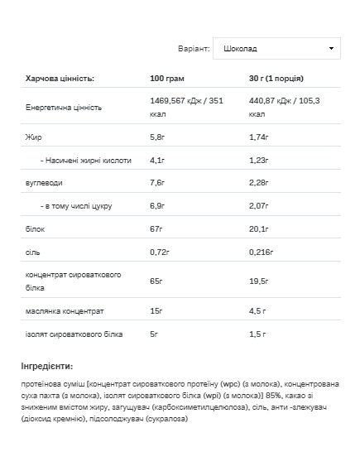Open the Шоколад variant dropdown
click(276, 48)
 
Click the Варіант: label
click(194, 48)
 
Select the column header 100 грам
click(167, 79)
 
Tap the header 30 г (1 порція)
click(276, 79)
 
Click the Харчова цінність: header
click(60, 79)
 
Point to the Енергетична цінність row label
click(64, 108)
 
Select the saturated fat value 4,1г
click(158, 159)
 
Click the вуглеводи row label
click(44, 182)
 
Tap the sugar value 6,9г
click(158, 204)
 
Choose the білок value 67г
click(156, 227)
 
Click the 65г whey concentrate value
click(156, 281)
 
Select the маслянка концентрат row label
click(65, 311)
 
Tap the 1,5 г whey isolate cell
click(258, 334)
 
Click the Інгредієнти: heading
click(47, 365)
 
